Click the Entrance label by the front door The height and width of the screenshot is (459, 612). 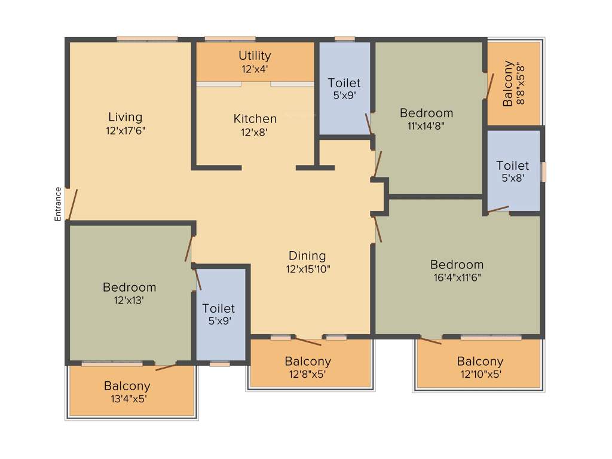pos(58,204)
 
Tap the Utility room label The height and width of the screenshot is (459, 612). pos(255,56)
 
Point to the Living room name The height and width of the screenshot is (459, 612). pos(126,117)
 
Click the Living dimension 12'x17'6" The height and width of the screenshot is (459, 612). pos(126,131)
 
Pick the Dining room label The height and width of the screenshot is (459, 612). pos(308,256)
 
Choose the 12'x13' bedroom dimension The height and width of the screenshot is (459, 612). pos(129,301)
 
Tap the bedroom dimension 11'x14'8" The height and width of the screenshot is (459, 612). pos(426,126)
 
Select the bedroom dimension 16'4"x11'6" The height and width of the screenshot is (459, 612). pos(457,277)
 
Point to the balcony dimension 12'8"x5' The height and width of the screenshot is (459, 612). pos(308,375)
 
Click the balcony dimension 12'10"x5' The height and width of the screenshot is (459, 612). pos(480,375)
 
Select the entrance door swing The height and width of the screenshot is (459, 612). pos(72,205)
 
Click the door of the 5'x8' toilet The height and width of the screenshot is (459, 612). pos(498,209)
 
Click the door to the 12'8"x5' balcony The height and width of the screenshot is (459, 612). pos(308,342)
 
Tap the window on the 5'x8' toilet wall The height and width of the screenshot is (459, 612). pos(543,172)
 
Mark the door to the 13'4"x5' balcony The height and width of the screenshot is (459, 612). pos(166,366)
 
